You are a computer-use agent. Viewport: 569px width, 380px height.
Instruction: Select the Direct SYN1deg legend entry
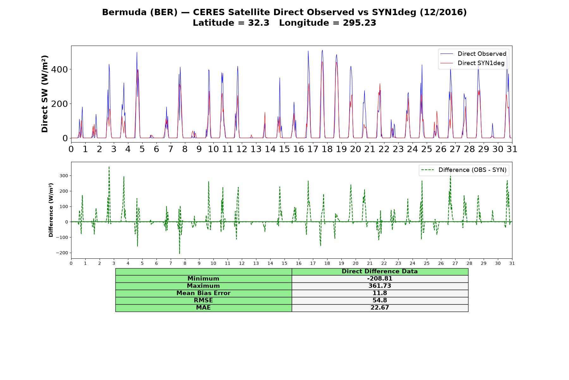472,63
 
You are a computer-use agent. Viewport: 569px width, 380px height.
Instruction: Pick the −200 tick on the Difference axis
62,253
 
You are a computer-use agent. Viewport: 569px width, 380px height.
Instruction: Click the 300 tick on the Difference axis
64,176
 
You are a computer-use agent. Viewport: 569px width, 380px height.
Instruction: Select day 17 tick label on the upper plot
313,149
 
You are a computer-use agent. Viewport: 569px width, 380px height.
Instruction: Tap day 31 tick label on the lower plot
512,263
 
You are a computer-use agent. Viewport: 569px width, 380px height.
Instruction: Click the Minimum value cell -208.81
380,279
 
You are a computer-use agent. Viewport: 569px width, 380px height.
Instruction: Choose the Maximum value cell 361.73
380,286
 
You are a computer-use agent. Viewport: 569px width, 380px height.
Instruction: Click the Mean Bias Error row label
203,293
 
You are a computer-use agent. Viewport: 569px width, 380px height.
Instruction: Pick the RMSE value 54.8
380,301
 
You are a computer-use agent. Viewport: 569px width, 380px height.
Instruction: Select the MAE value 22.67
380,308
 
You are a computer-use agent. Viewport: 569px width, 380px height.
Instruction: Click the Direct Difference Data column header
380,271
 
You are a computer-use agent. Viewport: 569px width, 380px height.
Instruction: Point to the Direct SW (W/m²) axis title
45,94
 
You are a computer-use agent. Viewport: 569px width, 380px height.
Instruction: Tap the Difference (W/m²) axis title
51,210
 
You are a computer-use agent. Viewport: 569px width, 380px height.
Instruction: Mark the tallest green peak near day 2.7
109,167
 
